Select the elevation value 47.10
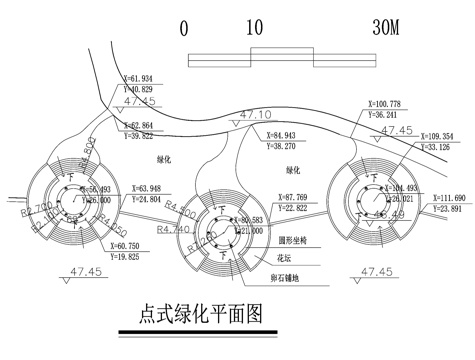pos(258,115)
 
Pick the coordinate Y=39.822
pos(141,135)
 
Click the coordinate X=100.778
pos(385,104)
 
